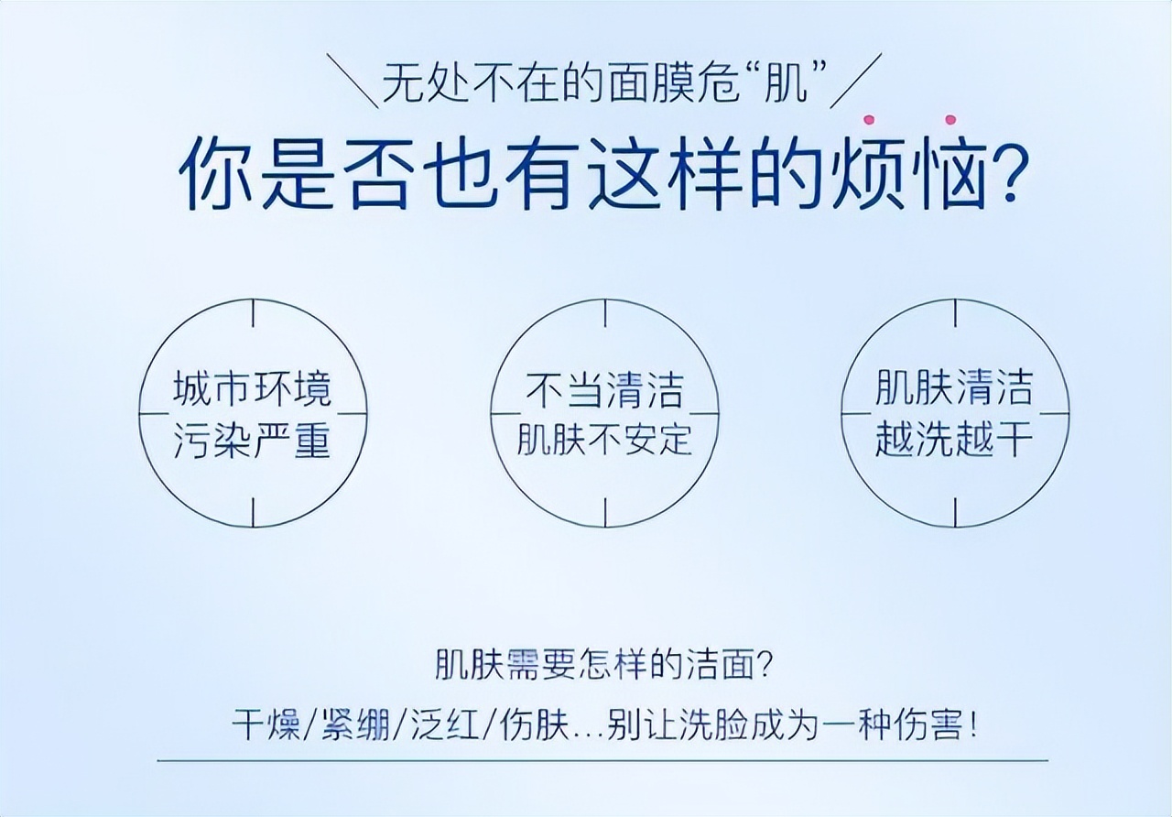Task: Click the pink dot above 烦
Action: pos(868,119)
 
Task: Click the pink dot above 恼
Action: pos(950,119)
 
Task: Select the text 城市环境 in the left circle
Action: pos(253,389)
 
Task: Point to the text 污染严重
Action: pos(253,441)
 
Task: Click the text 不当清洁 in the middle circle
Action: pos(604,389)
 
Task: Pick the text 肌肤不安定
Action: pos(604,440)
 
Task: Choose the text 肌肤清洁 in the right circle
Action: pos(954,388)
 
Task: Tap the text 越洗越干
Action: pos(954,440)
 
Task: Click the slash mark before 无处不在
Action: pos(352,81)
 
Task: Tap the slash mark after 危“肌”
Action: pos(860,81)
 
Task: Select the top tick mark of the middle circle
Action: pos(604,313)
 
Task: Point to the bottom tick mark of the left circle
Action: pos(254,512)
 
